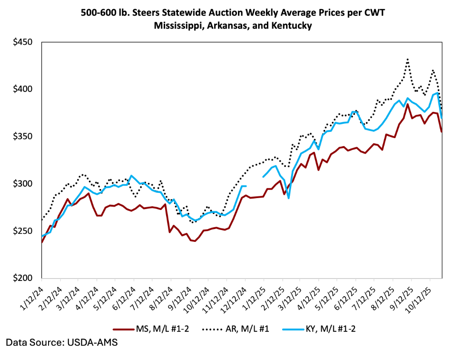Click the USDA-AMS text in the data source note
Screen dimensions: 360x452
click(x=94, y=342)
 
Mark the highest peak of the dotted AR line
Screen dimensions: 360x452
click(x=408, y=60)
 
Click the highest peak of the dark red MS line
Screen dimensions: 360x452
click(x=408, y=104)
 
